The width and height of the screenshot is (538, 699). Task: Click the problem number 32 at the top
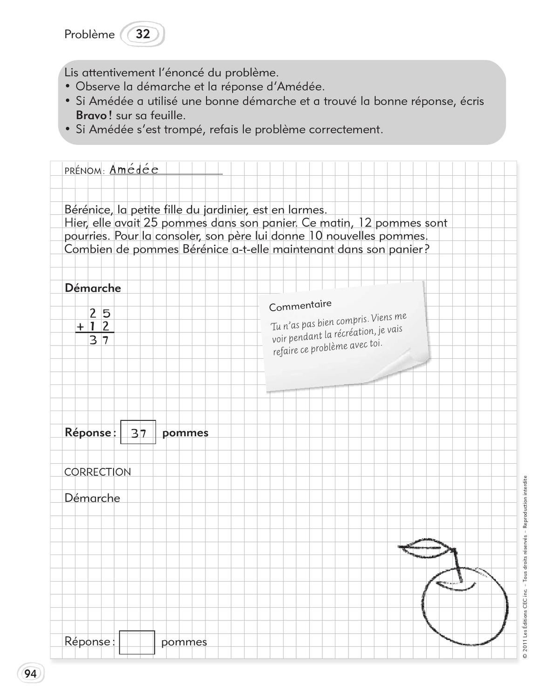(x=143, y=34)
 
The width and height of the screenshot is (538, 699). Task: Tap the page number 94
(x=30, y=674)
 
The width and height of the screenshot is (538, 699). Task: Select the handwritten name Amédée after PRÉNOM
(x=134, y=170)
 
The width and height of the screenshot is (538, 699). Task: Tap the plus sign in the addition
(x=80, y=327)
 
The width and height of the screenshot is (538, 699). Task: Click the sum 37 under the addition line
(x=99, y=340)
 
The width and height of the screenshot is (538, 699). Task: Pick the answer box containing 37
(x=138, y=432)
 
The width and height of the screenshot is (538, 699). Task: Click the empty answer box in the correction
(x=137, y=642)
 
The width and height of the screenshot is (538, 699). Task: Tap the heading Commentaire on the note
(x=300, y=306)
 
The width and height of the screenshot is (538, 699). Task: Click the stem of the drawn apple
(x=457, y=564)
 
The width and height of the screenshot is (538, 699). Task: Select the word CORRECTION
(x=97, y=472)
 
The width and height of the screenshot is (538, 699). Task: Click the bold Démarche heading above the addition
(x=93, y=288)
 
